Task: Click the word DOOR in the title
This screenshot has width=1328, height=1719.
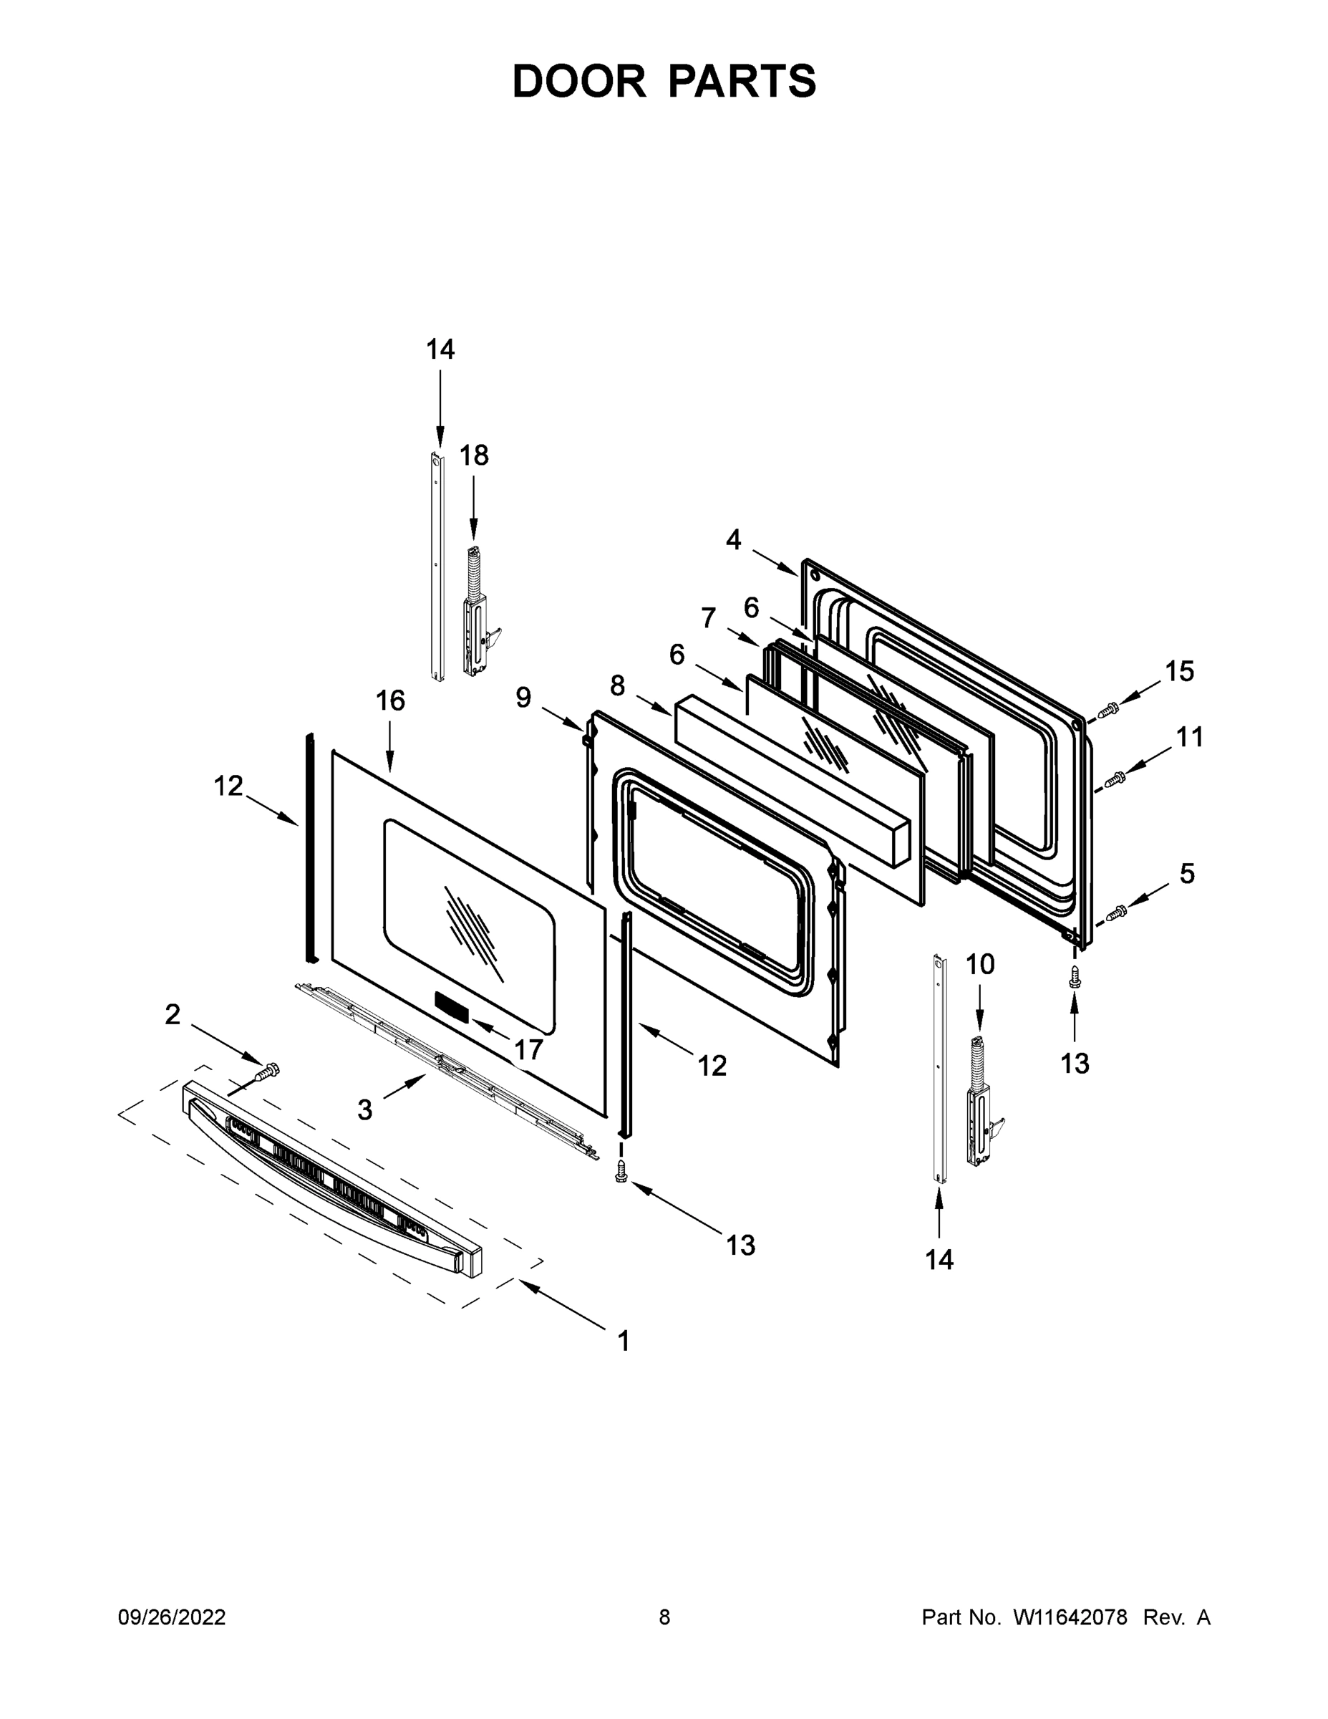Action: point(579,82)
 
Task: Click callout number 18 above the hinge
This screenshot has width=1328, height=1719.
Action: point(474,456)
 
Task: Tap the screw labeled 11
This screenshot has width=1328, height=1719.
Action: point(1115,779)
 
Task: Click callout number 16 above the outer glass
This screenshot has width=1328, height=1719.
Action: point(390,700)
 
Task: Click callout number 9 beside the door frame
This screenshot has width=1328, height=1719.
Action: point(523,698)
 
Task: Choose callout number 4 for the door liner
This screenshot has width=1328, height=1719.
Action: point(733,540)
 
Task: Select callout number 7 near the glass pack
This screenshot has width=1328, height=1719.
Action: point(709,618)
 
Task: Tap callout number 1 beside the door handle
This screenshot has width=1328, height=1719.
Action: point(624,1340)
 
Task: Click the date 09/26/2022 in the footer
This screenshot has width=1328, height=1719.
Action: point(172,1617)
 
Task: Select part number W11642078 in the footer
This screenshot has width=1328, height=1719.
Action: point(1070,1617)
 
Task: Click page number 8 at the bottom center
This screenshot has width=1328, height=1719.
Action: point(664,1617)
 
